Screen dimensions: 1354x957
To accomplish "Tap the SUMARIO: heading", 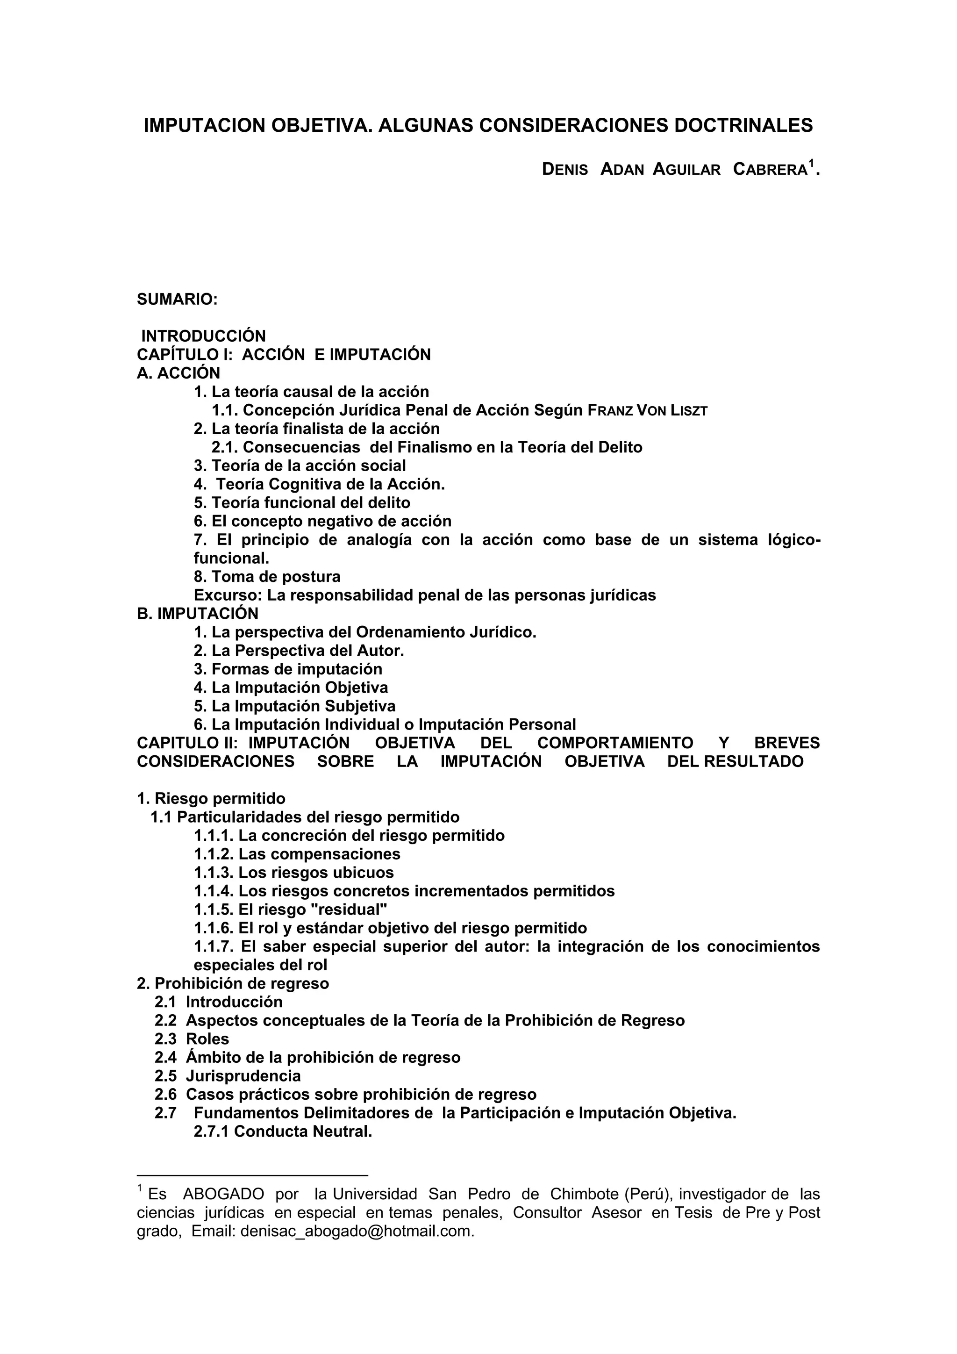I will [x=178, y=300].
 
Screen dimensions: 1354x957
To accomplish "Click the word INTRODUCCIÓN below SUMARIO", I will [x=203, y=336].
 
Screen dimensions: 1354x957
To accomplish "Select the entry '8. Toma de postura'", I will [x=267, y=577].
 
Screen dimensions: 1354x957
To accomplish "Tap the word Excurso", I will [x=228, y=595].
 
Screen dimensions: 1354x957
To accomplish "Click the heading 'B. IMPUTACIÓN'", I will [x=198, y=614].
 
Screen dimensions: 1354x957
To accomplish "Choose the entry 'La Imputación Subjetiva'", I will [x=295, y=706].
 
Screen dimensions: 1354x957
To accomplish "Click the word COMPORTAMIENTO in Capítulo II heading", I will [x=615, y=743].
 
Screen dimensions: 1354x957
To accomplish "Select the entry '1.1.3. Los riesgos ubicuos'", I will [x=293, y=872].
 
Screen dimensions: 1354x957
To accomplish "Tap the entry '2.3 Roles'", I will [x=192, y=1039].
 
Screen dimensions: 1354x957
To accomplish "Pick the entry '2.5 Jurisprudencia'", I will [x=228, y=1076].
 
